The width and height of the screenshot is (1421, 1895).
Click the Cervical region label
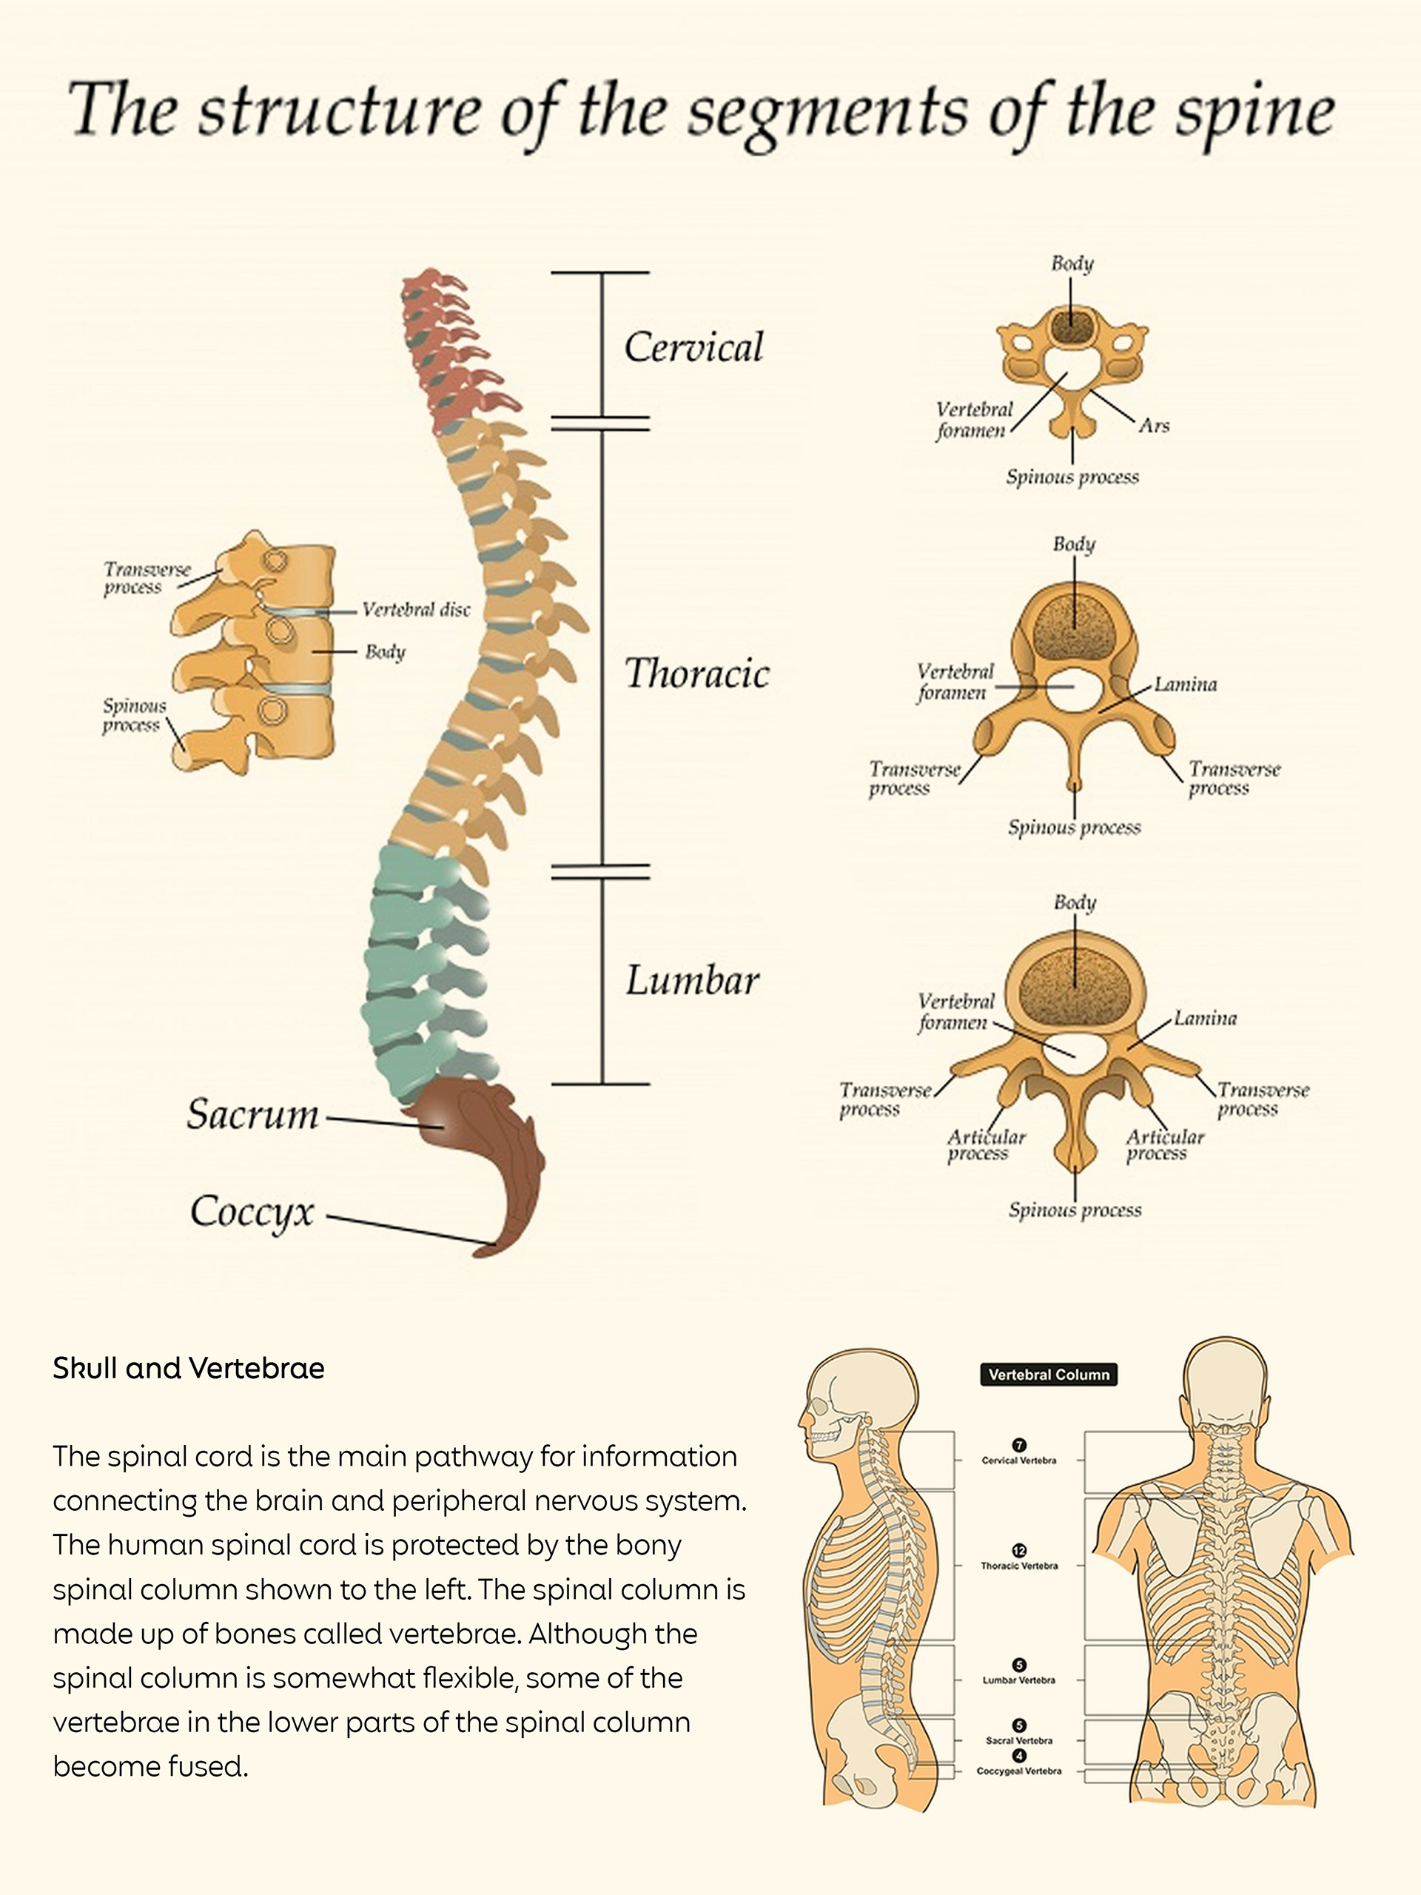coord(693,347)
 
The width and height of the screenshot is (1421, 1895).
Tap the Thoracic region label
coord(696,674)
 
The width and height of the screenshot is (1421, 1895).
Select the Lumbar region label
coord(692,981)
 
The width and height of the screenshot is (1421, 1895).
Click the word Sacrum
coord(252,1115)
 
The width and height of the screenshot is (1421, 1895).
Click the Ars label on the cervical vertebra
coord(1154,426)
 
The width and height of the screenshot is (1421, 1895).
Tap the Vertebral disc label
coord(415,610)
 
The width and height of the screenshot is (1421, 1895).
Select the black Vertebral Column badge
coord(1049,1374)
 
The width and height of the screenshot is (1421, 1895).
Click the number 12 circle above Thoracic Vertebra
coord(1019,1551)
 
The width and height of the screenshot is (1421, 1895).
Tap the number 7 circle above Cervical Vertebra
coord(1019,1445)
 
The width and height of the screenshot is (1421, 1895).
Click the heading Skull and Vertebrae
coord(189,1368)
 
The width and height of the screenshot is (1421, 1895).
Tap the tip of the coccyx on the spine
coord(484,1251)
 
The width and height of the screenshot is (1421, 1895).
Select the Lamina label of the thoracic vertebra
coord(1186,685)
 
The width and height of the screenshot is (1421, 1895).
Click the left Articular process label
coord(985,1145)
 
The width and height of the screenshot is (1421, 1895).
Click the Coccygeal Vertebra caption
coord(1019,1771)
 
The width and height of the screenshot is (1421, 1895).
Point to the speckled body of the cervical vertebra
coord(1072,326)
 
